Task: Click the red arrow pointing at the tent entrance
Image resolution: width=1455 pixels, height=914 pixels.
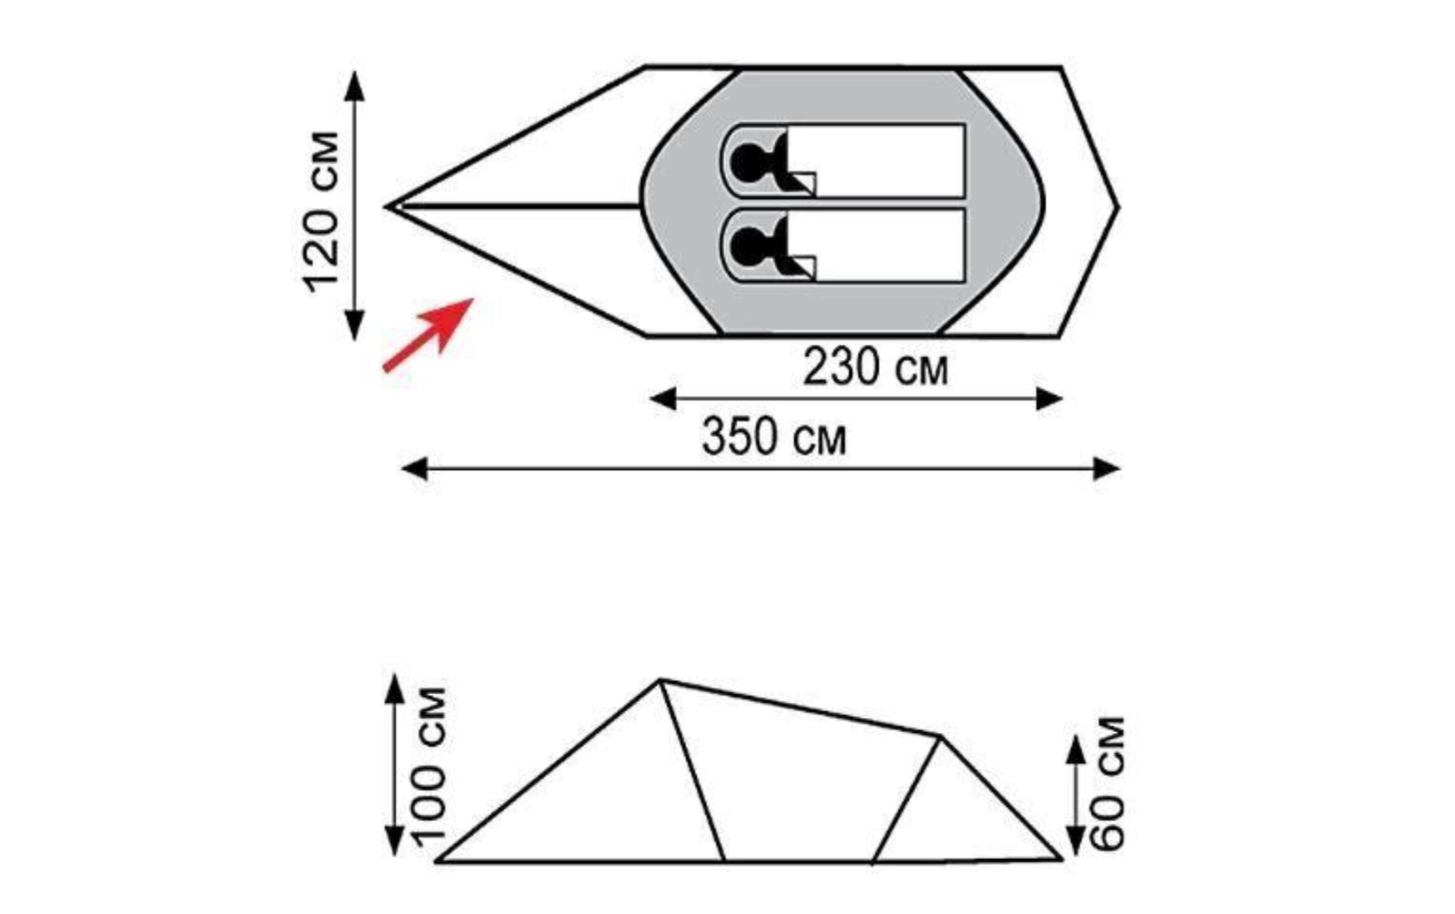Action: click(428, 335)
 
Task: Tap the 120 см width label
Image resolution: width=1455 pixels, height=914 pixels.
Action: click(321, 212)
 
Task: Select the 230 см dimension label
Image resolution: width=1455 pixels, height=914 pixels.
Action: click(875, 367)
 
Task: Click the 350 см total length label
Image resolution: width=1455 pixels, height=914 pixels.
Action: click(774, 437)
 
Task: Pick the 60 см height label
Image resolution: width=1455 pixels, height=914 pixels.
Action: click(1106, 783)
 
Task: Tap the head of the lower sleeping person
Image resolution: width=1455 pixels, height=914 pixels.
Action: click(745, 245)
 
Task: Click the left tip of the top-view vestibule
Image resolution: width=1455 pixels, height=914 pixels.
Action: click(386, 206)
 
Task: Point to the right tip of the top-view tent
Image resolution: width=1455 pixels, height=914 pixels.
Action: click(1118, 207)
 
